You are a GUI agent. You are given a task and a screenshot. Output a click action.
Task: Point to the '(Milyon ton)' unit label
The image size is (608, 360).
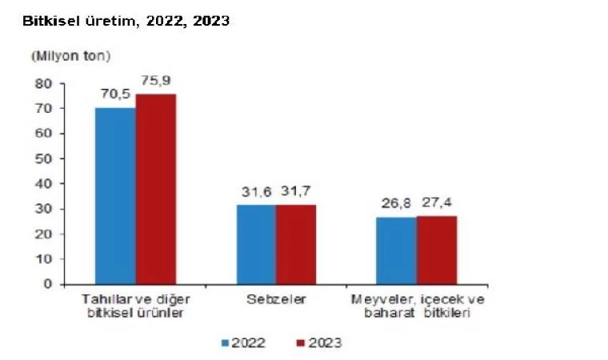tap(70, 57)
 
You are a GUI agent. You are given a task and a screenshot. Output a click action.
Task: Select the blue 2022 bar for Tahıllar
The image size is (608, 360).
tap(115, 195)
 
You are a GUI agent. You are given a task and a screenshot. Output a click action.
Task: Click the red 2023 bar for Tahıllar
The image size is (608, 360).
tap(155, 189)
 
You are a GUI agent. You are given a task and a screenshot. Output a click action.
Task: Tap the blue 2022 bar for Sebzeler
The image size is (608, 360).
tap(256, 244)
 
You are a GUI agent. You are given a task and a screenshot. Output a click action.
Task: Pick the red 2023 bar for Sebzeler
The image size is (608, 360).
tap(296, 244)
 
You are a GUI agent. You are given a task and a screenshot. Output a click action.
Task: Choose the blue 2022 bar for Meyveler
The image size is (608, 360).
tap(396, 250)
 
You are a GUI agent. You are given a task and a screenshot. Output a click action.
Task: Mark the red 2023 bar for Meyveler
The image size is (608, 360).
tap(436, 249)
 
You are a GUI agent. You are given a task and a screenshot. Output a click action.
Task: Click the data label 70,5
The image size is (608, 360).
tap(114, 94)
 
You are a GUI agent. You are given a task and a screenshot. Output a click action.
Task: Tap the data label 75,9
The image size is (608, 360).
tap(155, 81)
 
